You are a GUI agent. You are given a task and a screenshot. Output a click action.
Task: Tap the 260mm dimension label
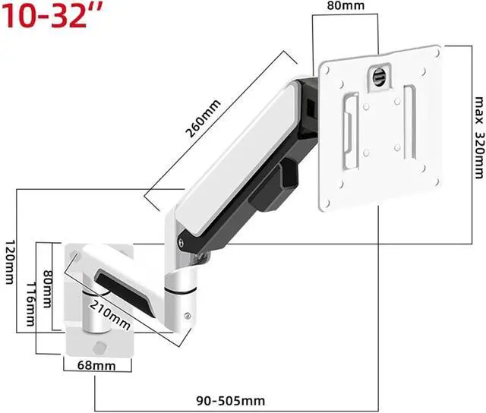[x=203, y=118]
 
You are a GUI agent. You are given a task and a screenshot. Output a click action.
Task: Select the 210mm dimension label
[x=109, y=315]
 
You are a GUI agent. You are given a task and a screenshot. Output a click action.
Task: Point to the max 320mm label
[x=479, y=137]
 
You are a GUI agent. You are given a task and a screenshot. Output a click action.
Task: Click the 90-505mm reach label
[x=231, y=401]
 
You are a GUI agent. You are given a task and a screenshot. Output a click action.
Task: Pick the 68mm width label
[x=96, y=366]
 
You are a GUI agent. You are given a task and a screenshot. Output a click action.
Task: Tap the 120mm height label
[x=10, y=261]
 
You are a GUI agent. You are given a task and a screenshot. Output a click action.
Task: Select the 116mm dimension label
[x=30, y=304]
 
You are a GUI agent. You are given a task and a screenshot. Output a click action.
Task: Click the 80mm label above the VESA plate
[x=346, y=5]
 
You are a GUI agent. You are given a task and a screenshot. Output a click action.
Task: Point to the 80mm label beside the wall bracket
[x=47, y=288]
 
